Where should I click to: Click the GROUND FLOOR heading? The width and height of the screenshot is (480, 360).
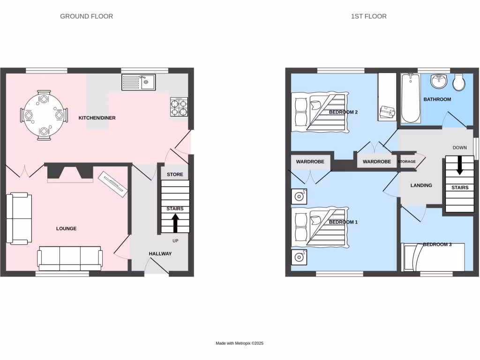[x=86, y=16]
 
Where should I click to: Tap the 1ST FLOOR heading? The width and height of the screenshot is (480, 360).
[x=368, y=16]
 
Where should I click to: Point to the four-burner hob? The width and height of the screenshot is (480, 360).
[x=178, y=106]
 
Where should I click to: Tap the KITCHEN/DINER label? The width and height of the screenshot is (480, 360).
[x=97, y=118]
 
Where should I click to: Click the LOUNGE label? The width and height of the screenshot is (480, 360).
[x=66, y=229]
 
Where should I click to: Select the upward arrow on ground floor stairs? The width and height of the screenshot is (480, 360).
[x=175, y=223]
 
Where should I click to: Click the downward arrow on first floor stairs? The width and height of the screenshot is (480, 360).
[x=459, y=165]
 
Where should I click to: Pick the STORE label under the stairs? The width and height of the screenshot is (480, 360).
[x=175, y=174]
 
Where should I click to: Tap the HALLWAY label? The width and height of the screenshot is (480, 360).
[x=160, y=254]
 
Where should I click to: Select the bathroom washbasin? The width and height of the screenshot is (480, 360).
[x=439, y=81]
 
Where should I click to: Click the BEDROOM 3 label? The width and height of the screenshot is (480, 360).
[x=437, y=244]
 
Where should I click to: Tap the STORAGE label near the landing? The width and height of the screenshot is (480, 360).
[x=406, y=162]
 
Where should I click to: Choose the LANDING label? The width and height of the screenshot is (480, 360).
[x=421, y=185]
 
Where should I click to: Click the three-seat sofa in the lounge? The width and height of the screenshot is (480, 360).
[x=70, y=257]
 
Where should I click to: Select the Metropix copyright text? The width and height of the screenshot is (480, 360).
[x=240, y=343]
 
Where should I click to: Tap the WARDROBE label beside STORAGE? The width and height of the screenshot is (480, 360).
[x=376, y=162]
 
